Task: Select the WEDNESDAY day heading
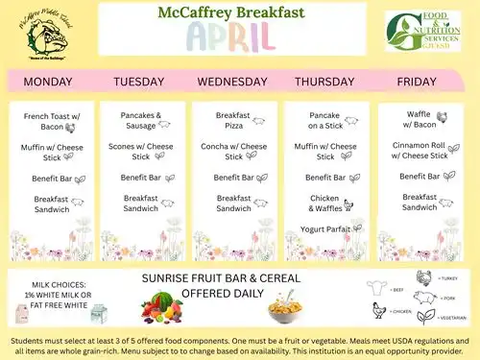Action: coord(233,82)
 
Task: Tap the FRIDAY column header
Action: coord(419,82)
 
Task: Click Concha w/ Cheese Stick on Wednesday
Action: coord(233,151)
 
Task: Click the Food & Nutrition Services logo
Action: coord(426,32)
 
